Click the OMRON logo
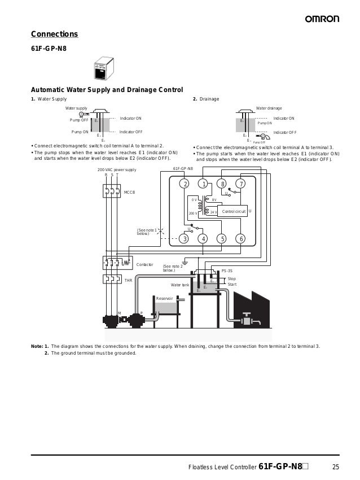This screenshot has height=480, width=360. click(322, 19)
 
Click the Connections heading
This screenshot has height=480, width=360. click(54, 34)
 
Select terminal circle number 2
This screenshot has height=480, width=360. click(185, 184)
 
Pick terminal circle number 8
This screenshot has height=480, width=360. click(223, 184)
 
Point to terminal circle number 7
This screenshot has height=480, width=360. click(242, 184)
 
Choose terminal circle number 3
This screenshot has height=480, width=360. click(185, 238)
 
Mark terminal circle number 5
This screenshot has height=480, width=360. click(223, 238)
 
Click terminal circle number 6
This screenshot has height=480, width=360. click(242, 238)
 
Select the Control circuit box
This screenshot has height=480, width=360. click(233, 211)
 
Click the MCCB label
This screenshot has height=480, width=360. click(129, 193)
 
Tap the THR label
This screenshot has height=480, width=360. click(128, 280)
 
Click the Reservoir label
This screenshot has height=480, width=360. click(164, 298)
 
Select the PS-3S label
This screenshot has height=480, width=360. click(227, 271)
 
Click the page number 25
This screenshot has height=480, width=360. click(336, 466)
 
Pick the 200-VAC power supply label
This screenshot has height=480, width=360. click(117, 169)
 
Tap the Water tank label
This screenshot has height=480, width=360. click(179, 285)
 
